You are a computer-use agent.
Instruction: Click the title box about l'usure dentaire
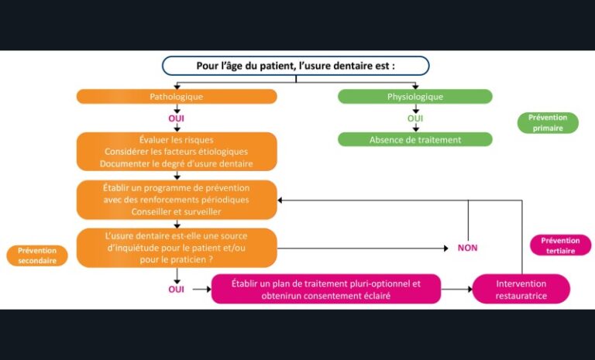[295, 66]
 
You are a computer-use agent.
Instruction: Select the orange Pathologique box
[176, 97]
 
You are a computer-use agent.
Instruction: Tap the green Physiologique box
[414, 97]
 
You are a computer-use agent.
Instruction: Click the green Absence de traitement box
[414, 139]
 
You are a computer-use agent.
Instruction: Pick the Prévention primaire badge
[548, 122]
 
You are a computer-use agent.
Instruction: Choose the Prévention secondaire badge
[37, 255]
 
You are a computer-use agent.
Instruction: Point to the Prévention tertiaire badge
[560, 245]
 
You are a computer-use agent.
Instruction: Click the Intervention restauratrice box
[521, 289]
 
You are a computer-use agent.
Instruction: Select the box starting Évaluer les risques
[176, 151]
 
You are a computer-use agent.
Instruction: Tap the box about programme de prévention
[176, 200]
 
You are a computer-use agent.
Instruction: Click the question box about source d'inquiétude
[176, 248]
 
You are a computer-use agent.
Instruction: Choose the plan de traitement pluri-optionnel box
[325, 289]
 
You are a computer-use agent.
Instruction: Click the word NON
[467, 248]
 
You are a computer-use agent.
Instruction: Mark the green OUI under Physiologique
[415, 118]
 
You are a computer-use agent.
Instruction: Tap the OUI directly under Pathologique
[176, 118]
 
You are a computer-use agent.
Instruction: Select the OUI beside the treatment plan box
[176, 289]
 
